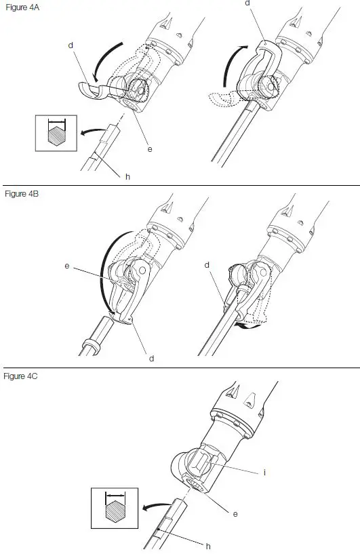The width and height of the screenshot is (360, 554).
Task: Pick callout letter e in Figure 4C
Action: click(x=235, y=514)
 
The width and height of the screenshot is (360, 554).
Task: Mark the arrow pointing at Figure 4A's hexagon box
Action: click(x=91, y=131)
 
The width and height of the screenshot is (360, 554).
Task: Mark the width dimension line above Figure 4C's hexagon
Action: click(x=115, y=498)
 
